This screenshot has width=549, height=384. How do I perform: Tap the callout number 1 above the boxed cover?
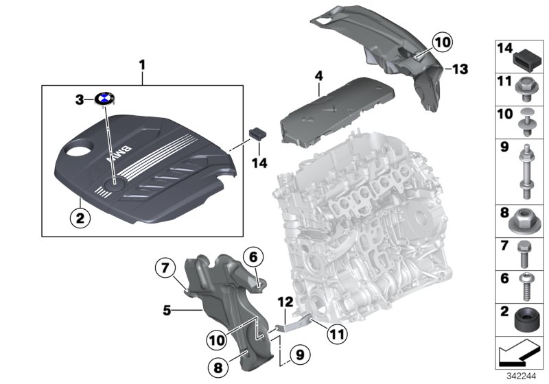(142, 65)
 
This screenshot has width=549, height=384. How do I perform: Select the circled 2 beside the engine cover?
(80, 219)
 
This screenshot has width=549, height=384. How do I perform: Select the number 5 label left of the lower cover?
(167, 310)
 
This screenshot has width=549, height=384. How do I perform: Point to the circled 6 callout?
(253, 257)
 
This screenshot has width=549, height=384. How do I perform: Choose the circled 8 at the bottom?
(218, 368)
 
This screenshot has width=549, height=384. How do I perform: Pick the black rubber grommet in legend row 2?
(525, 321)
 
